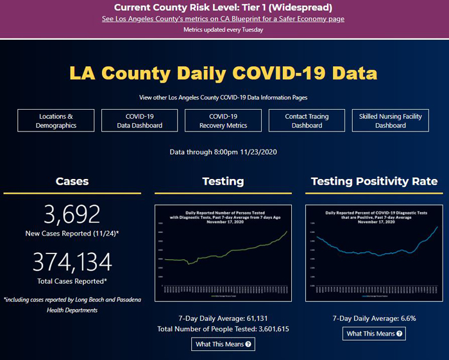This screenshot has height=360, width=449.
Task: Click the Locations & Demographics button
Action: (56, 121)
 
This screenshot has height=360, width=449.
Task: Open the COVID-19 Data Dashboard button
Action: (140, 121)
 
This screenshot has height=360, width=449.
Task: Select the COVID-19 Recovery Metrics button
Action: (223, 121)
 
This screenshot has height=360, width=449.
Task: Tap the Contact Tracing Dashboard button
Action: (307, 121)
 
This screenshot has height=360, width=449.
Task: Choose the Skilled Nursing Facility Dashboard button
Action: (390, 121)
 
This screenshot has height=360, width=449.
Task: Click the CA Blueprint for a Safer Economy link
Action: (223, 19)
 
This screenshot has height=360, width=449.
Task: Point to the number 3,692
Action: (72, 214)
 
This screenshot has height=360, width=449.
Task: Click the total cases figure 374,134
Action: (72, 262)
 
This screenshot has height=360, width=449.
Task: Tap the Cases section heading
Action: (72, 181)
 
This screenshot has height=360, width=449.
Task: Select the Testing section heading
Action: (223, 181)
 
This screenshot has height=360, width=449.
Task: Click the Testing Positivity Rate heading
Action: (374, 181)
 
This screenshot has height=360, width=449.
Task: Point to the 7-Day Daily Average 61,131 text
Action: (223, 318)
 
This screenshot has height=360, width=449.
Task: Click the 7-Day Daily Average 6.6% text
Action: (374, 318)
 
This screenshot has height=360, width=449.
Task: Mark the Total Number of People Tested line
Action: (223, 329)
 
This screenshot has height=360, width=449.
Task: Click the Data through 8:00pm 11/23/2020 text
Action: (223, 152)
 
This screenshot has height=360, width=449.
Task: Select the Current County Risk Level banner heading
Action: (223, 8)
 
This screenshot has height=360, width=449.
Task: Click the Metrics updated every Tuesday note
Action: (223, 30)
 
